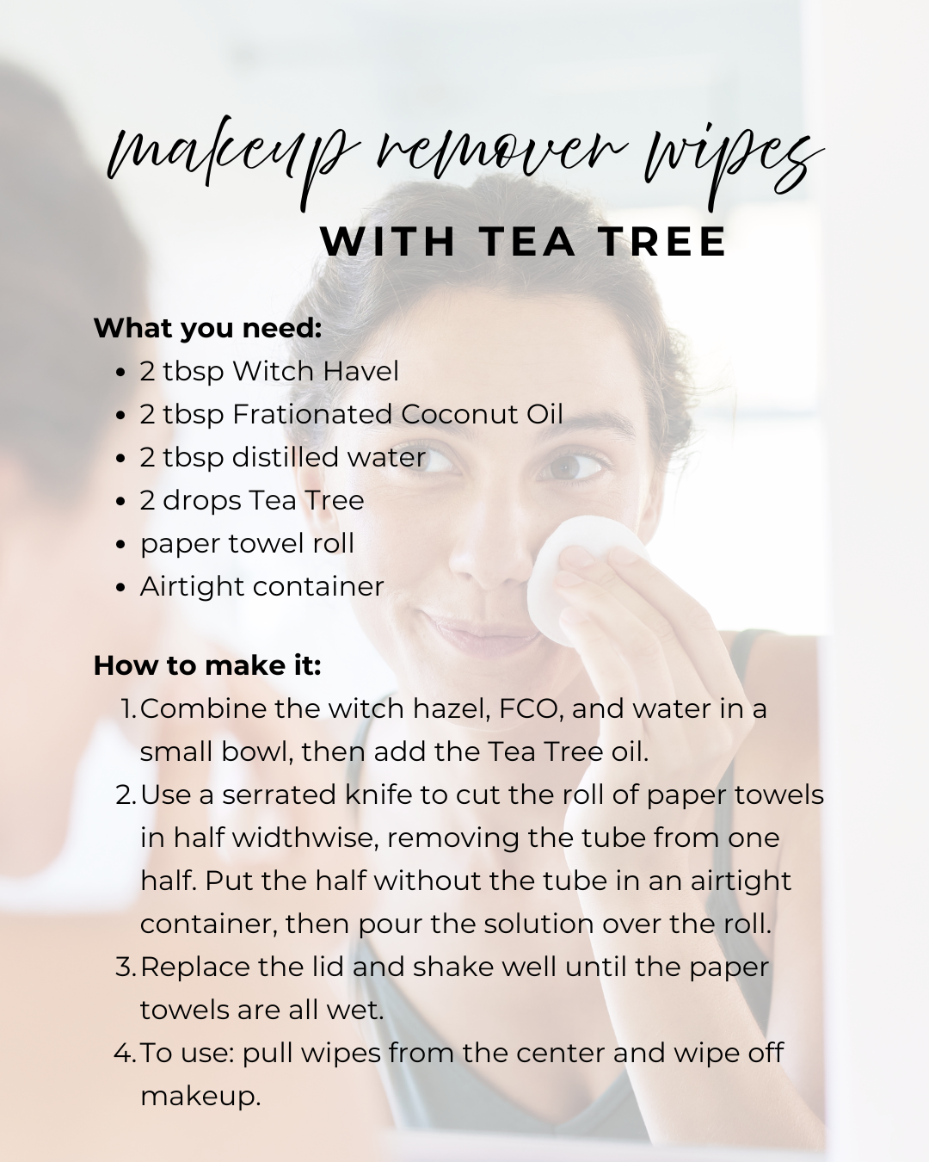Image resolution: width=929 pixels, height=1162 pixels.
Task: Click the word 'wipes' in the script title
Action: pyautogui.click(x=734, y=164)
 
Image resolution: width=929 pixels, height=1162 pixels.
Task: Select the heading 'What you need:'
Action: pyautogui.click(x=208, y=328)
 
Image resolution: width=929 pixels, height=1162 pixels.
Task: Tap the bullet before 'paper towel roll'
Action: pyautogui.click(x=121, y=545)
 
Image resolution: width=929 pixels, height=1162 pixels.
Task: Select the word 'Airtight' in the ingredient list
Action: pyautogui.click(x=192, y=588)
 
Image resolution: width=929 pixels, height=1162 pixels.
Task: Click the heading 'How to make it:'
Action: pyautogui.click(x=207, y=665)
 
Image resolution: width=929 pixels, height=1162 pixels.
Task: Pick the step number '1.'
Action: pyautogui.click(x=130, y=709)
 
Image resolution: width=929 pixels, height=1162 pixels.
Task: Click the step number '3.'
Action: pyautogui.click(x=126, y=967)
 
